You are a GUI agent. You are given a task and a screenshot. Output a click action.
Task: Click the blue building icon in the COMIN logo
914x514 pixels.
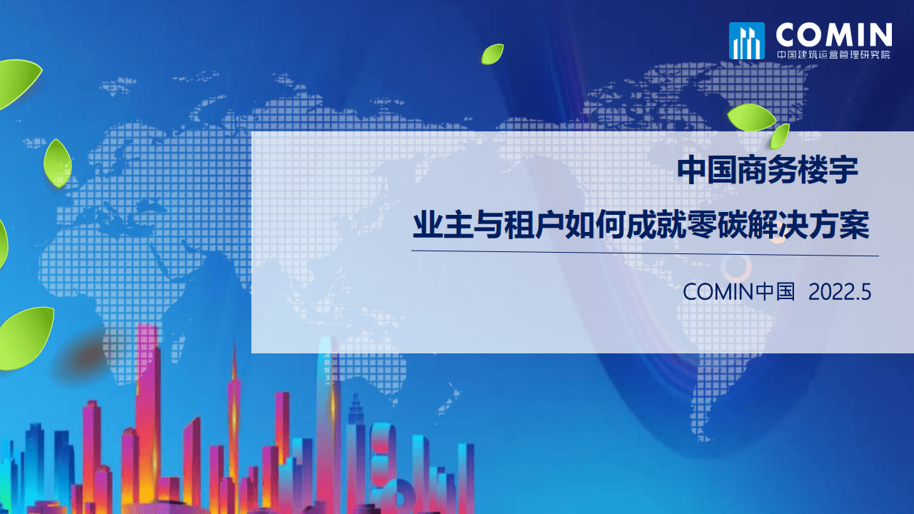[x=746, y=41]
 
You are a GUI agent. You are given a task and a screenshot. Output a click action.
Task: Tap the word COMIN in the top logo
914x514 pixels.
[x=833, y=35]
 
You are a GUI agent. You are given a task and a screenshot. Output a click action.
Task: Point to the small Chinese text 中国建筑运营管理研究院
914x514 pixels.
[x=833, y=54]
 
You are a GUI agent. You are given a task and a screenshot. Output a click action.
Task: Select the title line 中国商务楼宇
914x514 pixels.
[x=768, y=171]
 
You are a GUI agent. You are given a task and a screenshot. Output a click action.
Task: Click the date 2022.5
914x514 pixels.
[x=840, y=291]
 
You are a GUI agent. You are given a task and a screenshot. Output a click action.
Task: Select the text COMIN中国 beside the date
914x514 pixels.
[x=738, y=291]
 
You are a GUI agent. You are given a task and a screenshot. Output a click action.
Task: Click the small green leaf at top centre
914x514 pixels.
[x=492, y=54]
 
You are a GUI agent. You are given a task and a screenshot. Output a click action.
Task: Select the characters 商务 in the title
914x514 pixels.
[x=768, y=171]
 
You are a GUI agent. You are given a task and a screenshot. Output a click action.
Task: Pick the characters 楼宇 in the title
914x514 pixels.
[x=828, y=171]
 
